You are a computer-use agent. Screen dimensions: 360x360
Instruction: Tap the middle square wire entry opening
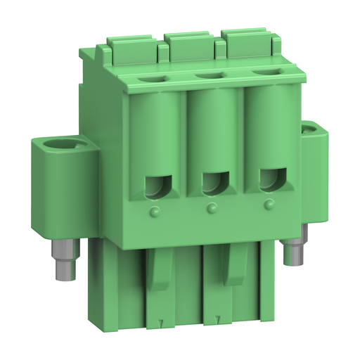tap(212, 184)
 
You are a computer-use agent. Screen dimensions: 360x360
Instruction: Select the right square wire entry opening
tap(268, 181)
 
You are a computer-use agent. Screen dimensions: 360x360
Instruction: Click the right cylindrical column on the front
tap(267, 127)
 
